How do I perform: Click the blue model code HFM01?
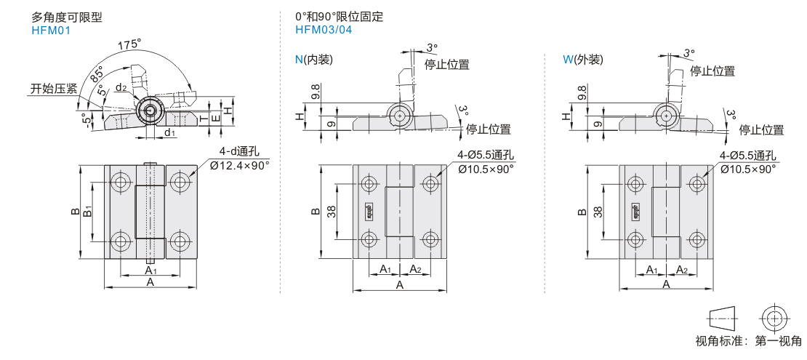tap(51, 31)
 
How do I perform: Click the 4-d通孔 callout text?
tap(239, 152)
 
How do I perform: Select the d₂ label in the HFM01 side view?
tap(121, 88)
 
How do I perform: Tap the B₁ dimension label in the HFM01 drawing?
tap(87, 211)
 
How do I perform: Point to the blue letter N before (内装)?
tap(299, 60)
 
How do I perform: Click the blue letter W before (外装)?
tap(568, 60)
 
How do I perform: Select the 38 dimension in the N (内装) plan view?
tap(332, 211)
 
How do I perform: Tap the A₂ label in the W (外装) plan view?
tap(682, 270)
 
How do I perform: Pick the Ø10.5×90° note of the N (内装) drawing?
tap(485, 168)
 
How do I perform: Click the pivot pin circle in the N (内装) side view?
tap(398, 115)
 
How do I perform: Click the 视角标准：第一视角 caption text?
tap(748, 341)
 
